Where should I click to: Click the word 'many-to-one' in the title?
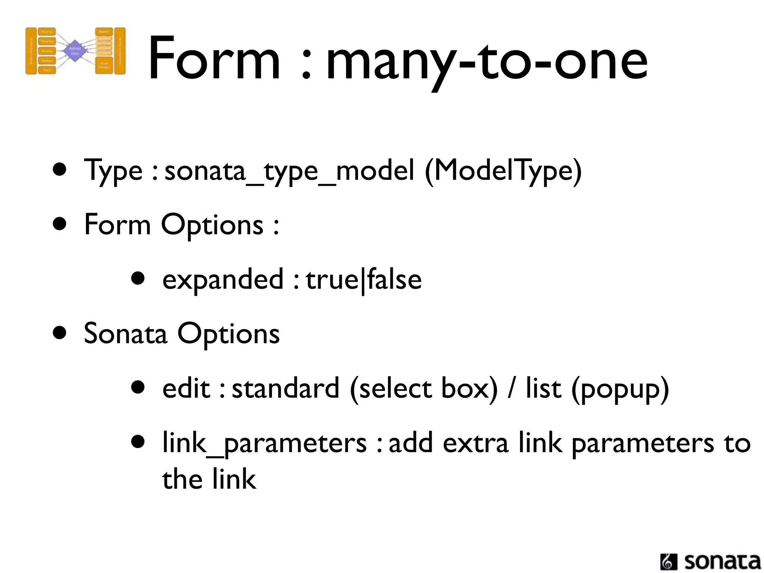coord(487,60)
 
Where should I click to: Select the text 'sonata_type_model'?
coord(289,171)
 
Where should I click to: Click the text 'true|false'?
coord(364,280)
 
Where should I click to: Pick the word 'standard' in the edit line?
coord(285,388)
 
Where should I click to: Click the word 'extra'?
coord(476,443)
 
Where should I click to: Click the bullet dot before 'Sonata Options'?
coord(60,332)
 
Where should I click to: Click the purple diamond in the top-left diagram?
coord(75,51)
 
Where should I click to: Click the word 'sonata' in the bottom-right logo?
coord(722,561)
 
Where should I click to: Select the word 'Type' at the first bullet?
coord(113,171)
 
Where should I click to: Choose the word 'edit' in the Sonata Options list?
coord(186,388)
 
